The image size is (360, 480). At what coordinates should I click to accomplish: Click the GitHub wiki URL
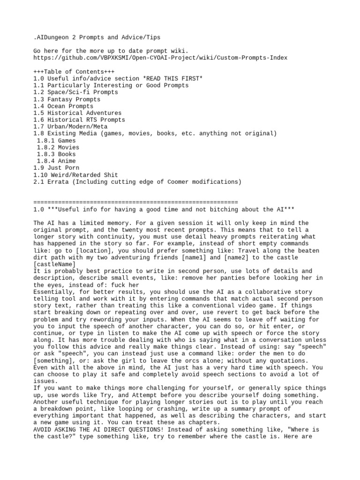click(x=160, y=58)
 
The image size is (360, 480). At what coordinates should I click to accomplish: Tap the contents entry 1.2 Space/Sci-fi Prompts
click(x=75, y=92)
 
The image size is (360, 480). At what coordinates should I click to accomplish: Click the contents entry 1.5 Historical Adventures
click(x=77, y=113)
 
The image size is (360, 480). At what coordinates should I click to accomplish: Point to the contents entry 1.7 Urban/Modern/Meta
click(x=70, y=127)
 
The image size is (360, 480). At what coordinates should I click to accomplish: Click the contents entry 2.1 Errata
click(x=137, y=181)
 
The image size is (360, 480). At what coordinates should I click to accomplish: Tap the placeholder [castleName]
click(x=54, y=264)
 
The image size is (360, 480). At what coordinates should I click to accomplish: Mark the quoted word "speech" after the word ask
click(x=65, y=353)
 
